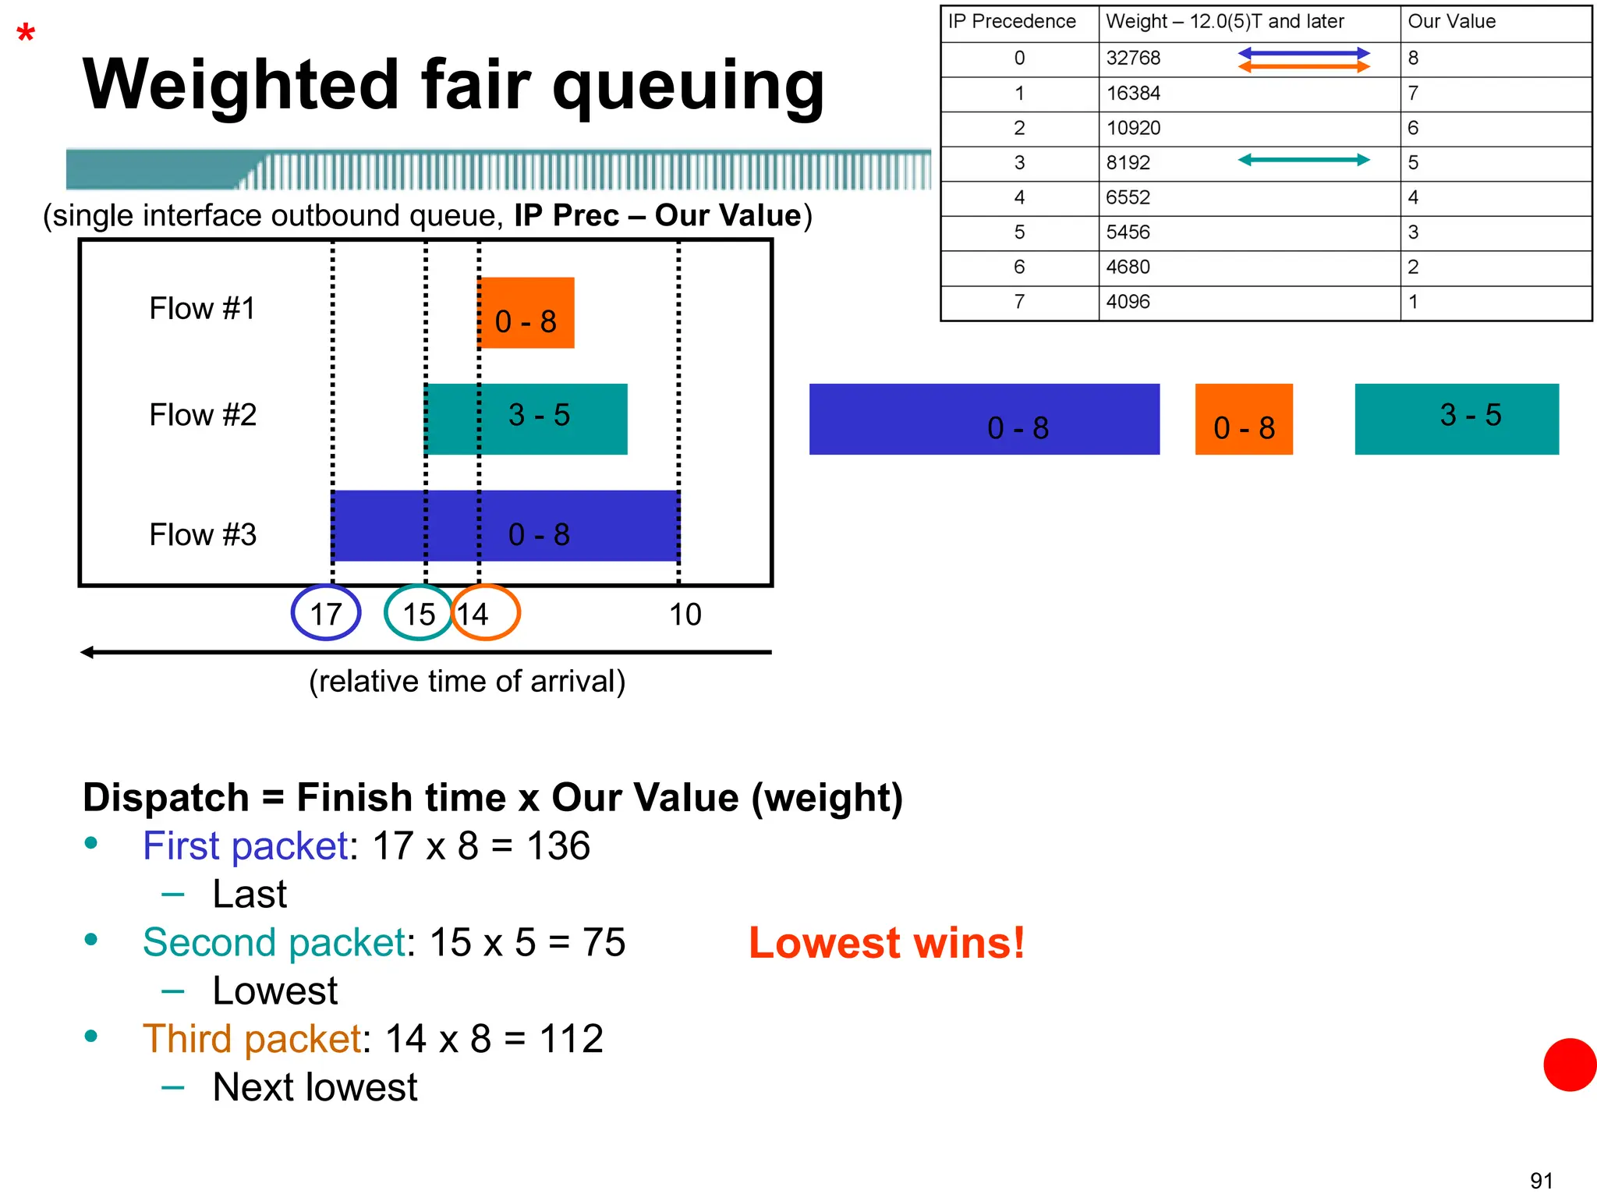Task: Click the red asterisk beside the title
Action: [x=26, y=34]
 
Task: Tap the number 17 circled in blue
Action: [x=326, y=614]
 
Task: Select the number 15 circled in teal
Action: [x=419, y=614]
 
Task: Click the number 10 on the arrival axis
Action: [x=685, y=615]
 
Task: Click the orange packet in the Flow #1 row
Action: [x=526, y=314]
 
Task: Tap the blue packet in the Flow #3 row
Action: [x=538, y=526]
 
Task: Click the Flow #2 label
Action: [x=203, y=415]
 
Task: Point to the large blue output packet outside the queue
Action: [x=984, y=420]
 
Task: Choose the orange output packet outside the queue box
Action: [x=1244, y=420]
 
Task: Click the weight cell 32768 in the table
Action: [x=1133, y=58]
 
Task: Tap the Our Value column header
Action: [x=1451, y=22]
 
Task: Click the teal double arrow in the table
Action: [x=1304, y=160]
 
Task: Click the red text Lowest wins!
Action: [x=887, y=943]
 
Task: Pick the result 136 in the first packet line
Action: [x=558, y=846]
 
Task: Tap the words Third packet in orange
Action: [x=252, y=1039]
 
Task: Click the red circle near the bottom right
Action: [x=1570, y=1065]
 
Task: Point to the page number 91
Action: [x=1541, y=1180]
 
